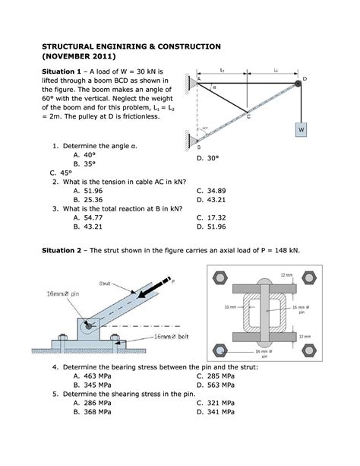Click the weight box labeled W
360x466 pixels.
pos(301,130)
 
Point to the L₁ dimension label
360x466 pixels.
pos(222,70)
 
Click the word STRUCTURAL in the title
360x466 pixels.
pos(74,46)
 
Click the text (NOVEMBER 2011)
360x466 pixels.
pos(78,57)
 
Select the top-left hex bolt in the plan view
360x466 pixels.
pos(220,276)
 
